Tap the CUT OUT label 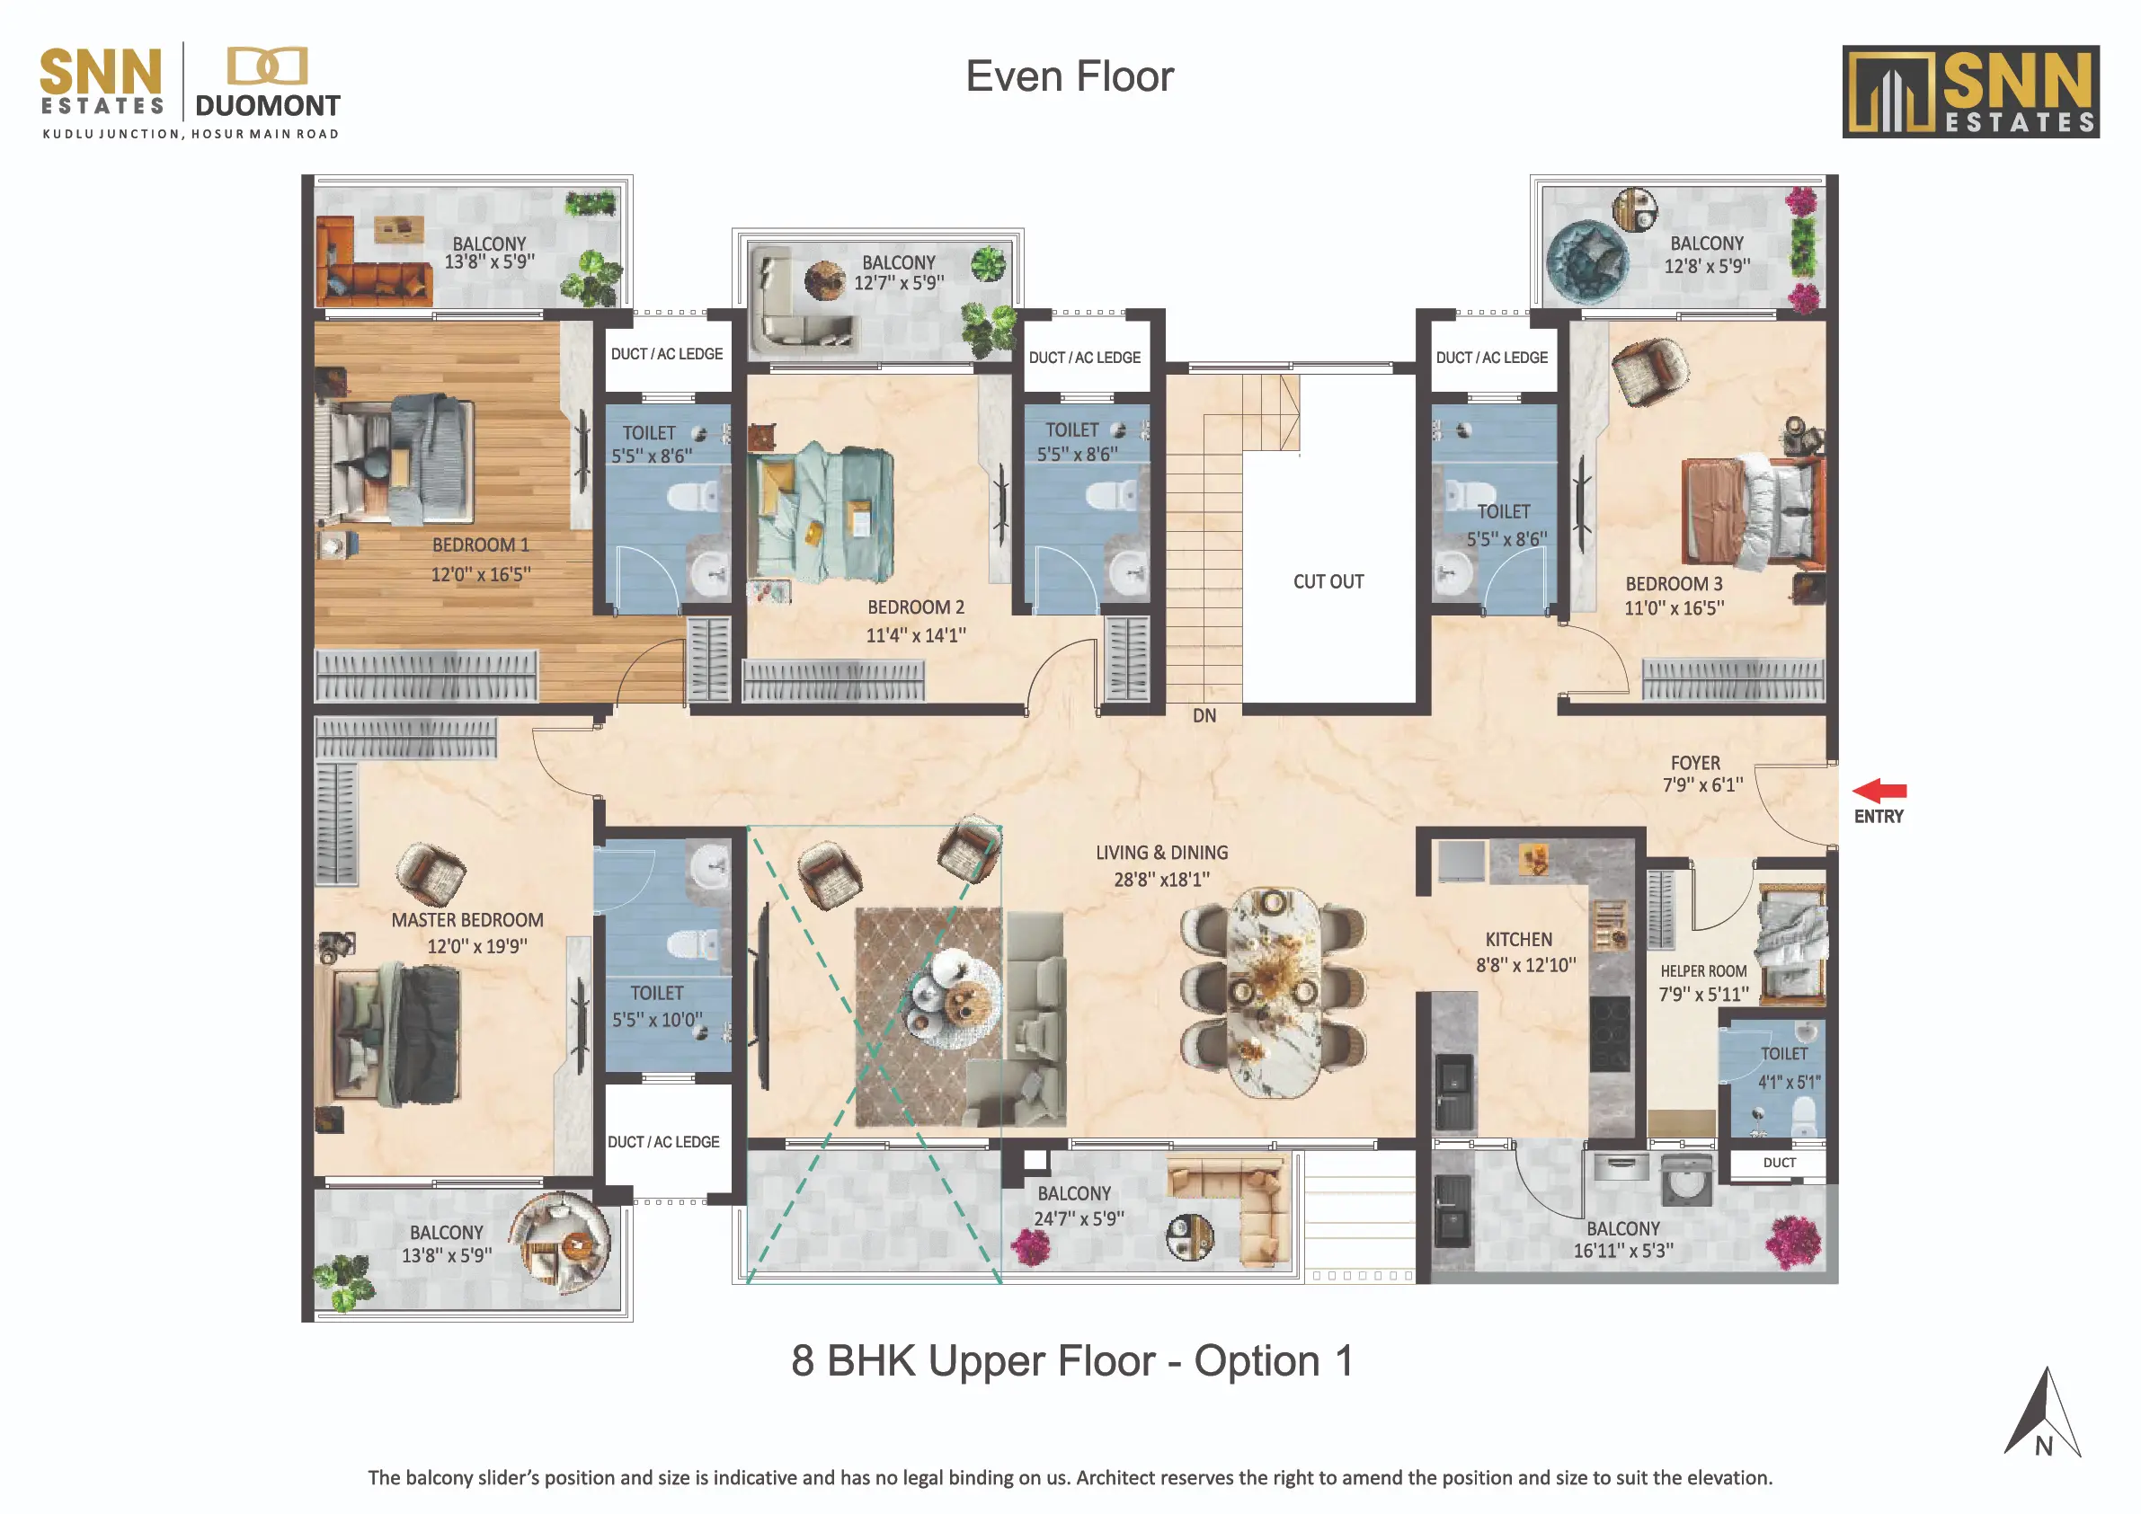(x=1328, y=581)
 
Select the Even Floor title (x=1070, y=76)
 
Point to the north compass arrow (x=2042, y=1412)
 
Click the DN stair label (x=1204, y=716)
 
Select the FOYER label (x=1695, y=763)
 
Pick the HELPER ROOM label (x=1703, y=970)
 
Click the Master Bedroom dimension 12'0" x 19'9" (x=477, y=946)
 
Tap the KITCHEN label (x=1519, y=940)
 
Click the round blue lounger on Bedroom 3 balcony (x=1587, y=261)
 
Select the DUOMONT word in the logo (x=268, y=106)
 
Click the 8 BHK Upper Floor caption (x=1071, y=1361)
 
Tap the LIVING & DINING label (x=1162, y=853)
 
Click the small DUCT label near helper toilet (x=1779, y=1164)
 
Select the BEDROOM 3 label (x=1674, y=585)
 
